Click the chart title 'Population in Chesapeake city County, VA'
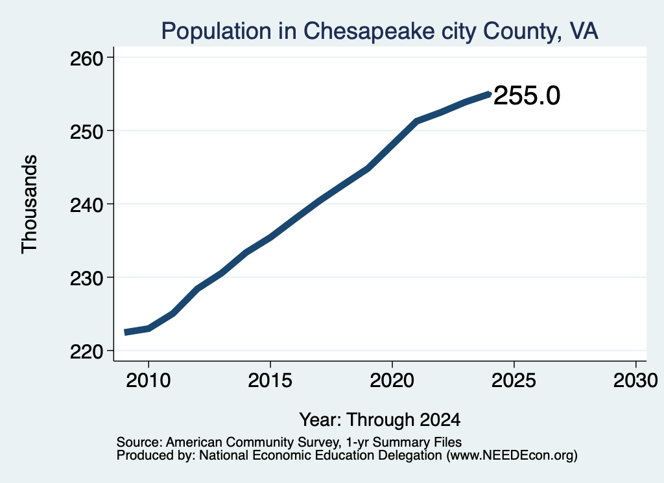(379, 31)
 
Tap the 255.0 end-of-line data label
(527, 95)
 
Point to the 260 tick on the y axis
(87, 58)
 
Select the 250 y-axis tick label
(87, 132)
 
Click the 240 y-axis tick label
(87, 206)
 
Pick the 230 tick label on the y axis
(87, 279)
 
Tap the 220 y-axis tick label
(87, 352)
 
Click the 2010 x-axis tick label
(148, 381)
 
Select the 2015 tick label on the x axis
(270, 381)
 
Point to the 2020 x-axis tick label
(392, 381)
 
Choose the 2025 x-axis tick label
(514, 381)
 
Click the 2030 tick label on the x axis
(635, 381)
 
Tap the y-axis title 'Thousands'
(29, 204)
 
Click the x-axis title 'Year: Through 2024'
(380, 419)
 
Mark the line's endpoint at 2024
(490, 94)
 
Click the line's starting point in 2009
(124, 333)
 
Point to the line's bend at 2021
(417, 121)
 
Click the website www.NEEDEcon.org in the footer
(511, 456)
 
